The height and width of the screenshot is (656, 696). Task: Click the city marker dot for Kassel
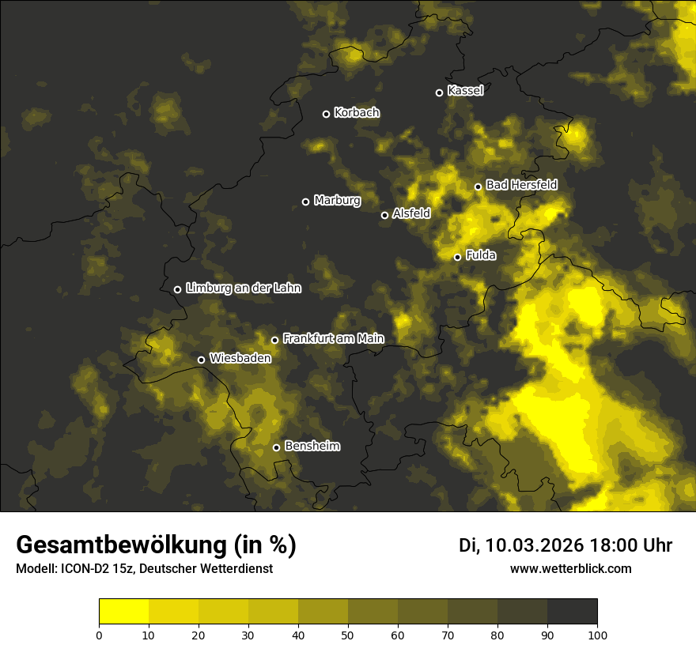pyautogui.click(x=439, y=92)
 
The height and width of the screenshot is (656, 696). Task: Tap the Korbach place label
pyautogui.click(x=357, y=113)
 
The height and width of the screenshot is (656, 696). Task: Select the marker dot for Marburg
pyautogui.click(x=305, y=202)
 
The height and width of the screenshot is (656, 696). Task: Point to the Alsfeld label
pyautogui.click(x=411, y=213)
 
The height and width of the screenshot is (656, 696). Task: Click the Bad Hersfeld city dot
pyautogui.click(x=478, y=187)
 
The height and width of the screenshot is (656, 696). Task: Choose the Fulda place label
pyautogui.click(x=481, y=255)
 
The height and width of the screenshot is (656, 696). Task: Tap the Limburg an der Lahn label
pyautogui.click(x=244, y=288)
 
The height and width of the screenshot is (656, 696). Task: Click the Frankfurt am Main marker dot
pyautogui.click(x=274, y=340)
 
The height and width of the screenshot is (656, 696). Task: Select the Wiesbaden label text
pyautogui.click(x=240, y=358)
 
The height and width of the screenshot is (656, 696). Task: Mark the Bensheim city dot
pyautogui.click(x=276, y=447)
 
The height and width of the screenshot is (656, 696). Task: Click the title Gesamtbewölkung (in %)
pyautogui.click(x=156, y=545)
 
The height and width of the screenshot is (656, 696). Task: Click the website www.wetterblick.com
pyautogui.click(x=570, y=568)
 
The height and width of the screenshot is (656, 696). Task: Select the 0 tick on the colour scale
pyautogui.click(x=99, y=635)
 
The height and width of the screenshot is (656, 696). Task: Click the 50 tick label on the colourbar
pyautogui.click(x=348, y=635)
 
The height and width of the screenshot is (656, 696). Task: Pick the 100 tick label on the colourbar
pyautogui.click(x=597, y=635)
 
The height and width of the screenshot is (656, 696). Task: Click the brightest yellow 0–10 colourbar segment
pyautogui.click(x=123, y=611)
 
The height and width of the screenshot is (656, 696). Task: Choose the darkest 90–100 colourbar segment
pyautogui.click(x=572, y=611)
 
